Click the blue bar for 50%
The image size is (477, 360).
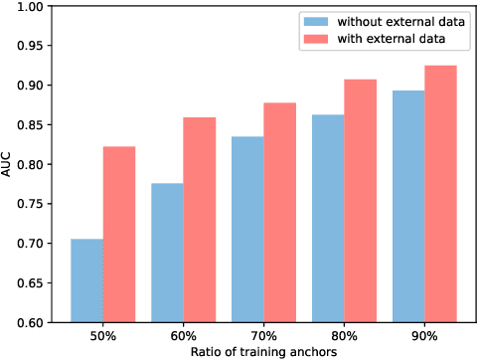(86, 280)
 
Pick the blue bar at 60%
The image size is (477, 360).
(167, 253)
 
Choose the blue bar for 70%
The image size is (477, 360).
(247, 229)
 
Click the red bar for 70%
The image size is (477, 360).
(280, 213)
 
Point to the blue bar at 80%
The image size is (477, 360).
(328, 218)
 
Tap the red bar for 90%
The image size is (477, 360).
(441, 194)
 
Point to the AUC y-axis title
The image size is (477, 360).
(9, 164)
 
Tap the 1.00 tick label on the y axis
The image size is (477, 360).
(29, 7)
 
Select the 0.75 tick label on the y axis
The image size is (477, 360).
(29, 204)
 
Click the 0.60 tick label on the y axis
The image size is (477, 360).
(29, 322)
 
